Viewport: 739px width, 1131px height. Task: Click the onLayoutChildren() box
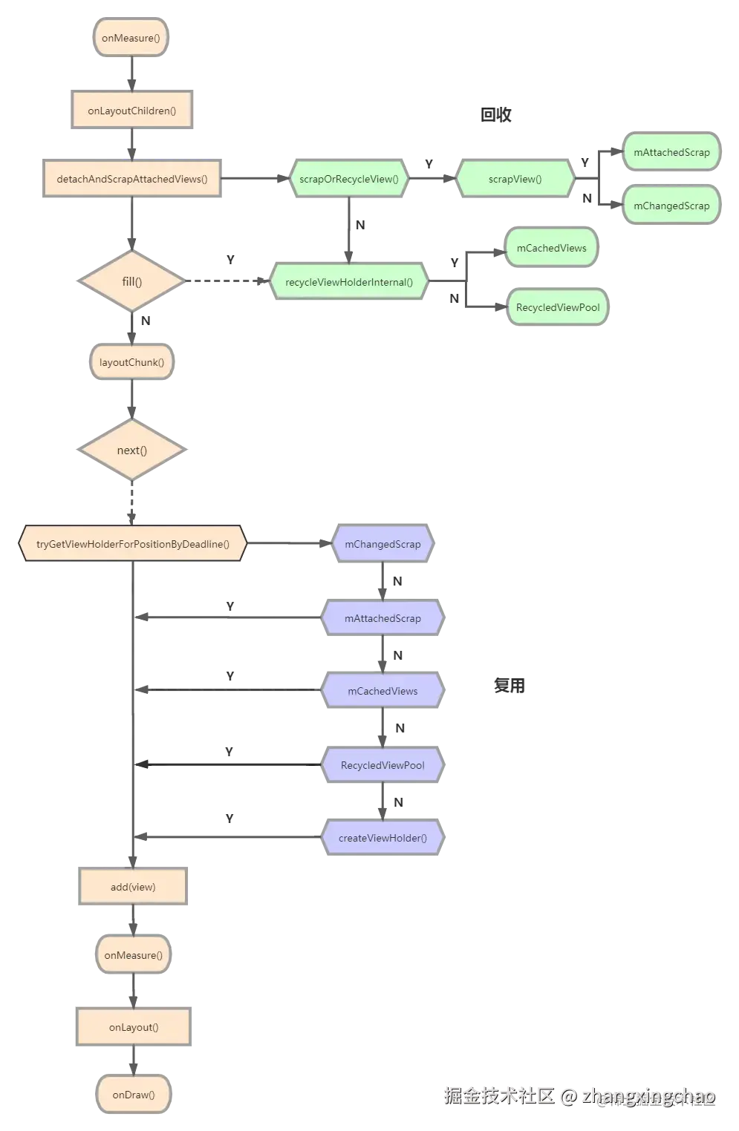[132, 110]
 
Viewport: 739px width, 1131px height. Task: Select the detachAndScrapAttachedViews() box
[132, 178]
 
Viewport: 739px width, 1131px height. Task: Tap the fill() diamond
[132, 281]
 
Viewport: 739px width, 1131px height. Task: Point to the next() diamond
[132, 450]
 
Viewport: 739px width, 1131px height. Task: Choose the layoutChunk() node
[132, 361]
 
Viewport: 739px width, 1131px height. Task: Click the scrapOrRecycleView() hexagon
[349, 178]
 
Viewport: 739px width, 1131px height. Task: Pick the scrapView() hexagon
[515, 178]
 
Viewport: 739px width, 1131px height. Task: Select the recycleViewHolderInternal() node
[349, 281]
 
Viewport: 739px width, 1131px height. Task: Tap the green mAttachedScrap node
[671, 151]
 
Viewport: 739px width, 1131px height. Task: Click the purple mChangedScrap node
[382, 543]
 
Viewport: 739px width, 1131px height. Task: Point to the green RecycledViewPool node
[558, 306]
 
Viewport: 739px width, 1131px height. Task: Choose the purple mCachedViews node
[382, 690]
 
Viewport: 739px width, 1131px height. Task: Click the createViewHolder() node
[382, 837]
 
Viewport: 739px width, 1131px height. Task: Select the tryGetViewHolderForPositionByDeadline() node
[132, 543]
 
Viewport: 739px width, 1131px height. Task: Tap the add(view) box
[133, 886]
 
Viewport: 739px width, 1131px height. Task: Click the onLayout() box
[134, 1026]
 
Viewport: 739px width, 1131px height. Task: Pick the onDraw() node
[134, 1094]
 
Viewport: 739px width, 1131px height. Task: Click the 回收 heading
[495, 114]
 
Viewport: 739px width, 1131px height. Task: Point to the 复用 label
[509, 685]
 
